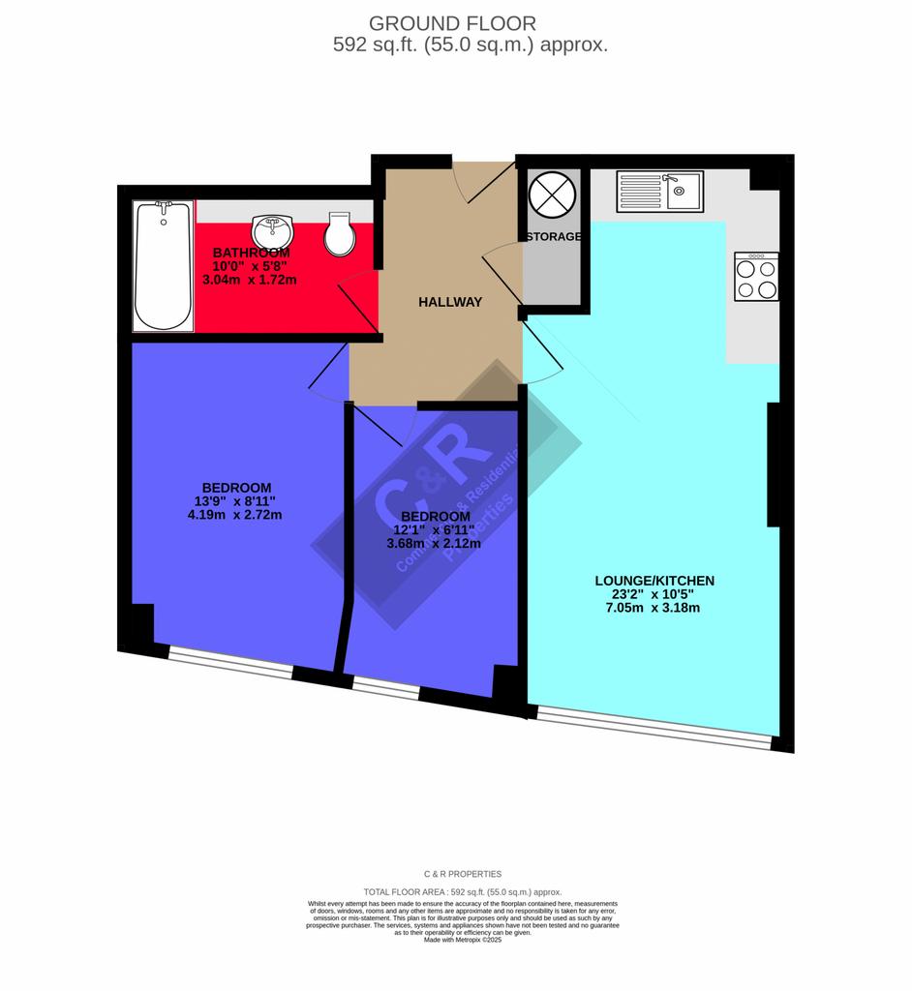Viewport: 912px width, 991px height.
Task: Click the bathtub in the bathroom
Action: (x=163, y=265)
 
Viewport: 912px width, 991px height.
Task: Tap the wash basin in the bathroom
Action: (x=272, y=231)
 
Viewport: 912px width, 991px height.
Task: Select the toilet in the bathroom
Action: (x=340, y=233)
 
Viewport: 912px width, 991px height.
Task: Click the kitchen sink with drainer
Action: (x=658, y=191)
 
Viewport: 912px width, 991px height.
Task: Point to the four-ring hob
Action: (x=756, y=277)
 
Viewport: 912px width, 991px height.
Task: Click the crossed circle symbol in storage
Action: (x=553, y=194)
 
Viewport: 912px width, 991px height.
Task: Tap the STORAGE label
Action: (x=554, y=236)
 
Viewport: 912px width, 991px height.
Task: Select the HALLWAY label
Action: (x=450, y=302)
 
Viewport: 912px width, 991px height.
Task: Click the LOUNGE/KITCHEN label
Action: (x=654, y=581)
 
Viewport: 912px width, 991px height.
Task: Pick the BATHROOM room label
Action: (x=251, y=253)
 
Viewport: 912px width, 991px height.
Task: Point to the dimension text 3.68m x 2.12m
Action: (x=434, y=544)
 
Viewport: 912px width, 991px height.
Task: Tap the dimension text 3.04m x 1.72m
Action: (x=250, y=280)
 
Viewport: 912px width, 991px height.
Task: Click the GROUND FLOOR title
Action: (x=452, y=22)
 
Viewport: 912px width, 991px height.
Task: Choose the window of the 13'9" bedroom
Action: (x=229, y=662)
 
